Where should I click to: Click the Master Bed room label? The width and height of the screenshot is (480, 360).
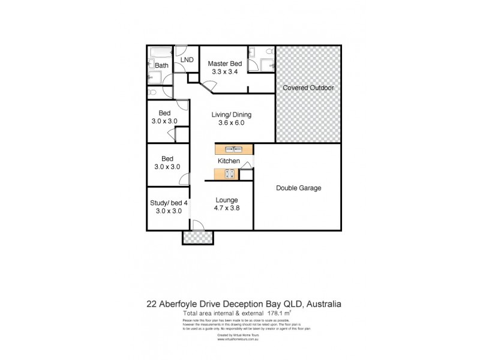click(225, 64)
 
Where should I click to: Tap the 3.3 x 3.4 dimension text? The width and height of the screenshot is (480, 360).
click(225, 72)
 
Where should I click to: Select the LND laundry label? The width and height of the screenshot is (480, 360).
click(187, 60)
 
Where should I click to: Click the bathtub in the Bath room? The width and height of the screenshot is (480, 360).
click(161, 53)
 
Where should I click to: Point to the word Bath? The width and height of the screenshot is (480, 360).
click(162, 65)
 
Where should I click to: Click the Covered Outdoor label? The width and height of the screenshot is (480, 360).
click(308, 88)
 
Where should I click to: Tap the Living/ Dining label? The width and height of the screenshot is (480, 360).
click(231, 115)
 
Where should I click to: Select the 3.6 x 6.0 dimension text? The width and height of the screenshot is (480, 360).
click(231, 124)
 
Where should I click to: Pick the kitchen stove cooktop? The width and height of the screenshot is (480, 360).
click(229, 174)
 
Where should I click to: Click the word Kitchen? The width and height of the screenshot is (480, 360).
click(229, 161)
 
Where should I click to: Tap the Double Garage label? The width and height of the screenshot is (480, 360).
click(298, 188)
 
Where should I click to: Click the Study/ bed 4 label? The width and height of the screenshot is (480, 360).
click(169, 203)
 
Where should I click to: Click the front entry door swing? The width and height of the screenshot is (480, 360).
click(197, 225)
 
